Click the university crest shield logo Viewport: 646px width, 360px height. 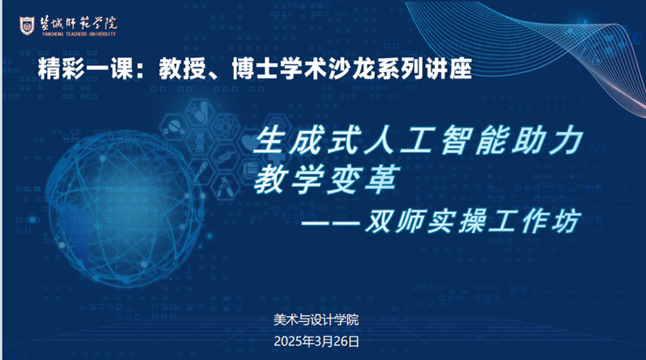tap(27, 26)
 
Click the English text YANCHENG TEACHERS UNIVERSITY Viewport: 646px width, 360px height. tap(79, 34)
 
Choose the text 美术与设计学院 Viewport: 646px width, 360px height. tap(316, 320)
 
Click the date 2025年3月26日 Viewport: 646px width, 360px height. tap(317, 341)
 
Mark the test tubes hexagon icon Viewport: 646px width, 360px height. tap(224, 188)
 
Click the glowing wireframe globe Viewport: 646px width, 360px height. tap(124, 208)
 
